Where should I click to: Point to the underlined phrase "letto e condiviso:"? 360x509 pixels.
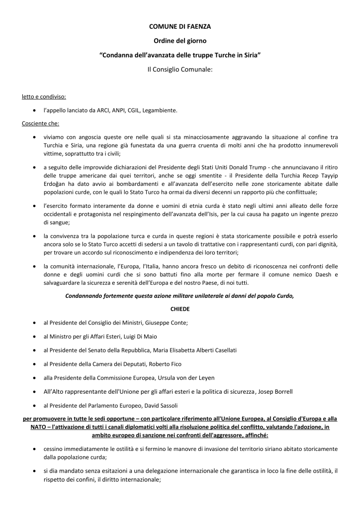click(44, 96)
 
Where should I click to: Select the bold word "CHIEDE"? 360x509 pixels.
click(180, 309)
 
